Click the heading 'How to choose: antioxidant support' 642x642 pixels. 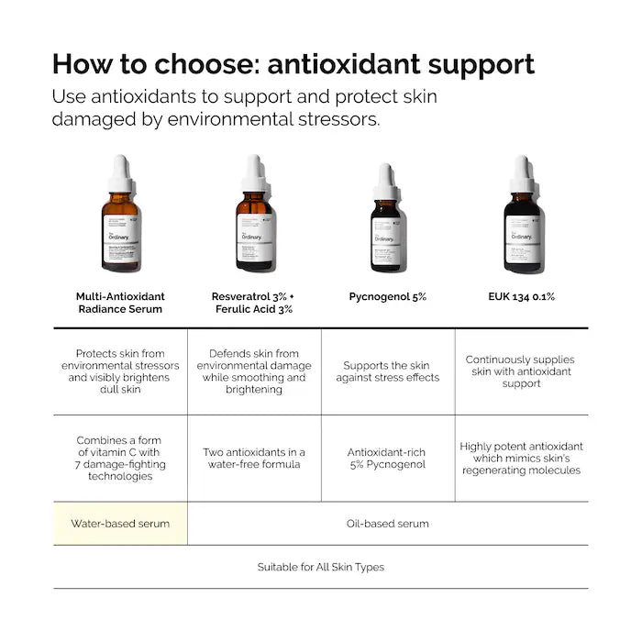(x=293, y=64)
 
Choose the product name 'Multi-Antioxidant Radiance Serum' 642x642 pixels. (x=120, y=303)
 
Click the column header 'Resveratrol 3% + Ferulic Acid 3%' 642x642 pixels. (x=253, y=303)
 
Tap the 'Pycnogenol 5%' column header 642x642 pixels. (x=387, y=296)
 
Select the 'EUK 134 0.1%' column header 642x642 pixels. (x=522, y=296)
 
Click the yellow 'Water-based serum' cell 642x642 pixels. (x=120, y=524)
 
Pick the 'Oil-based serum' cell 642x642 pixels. (x=387, y=524)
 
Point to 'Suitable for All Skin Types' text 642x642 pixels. (x=320, y=567)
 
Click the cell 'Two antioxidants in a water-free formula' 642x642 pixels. (x=254, y=458)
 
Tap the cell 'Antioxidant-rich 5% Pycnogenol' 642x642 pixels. (x=387, y=458)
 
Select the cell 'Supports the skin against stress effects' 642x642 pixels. (x=387, y=371)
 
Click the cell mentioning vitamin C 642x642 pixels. (x=120, y=458)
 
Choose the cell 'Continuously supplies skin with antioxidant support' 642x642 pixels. (x=522, y=371)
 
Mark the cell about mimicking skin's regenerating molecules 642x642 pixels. (x=522, y=458)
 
